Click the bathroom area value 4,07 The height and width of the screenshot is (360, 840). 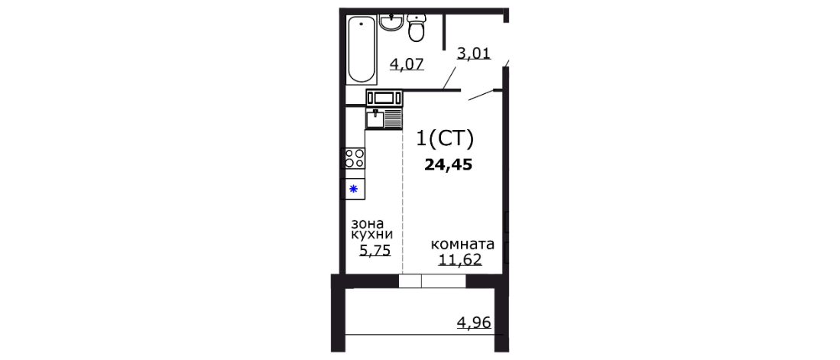[407, 63]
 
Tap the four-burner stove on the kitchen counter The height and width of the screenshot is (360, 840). [354, 158]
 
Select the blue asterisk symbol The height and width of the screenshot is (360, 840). [354, 188]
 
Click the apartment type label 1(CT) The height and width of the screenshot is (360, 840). [445, 139]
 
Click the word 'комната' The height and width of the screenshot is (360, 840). [462, 245]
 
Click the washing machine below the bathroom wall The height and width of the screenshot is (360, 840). [383, 98]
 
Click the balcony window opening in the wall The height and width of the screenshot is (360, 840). [432, 281]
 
